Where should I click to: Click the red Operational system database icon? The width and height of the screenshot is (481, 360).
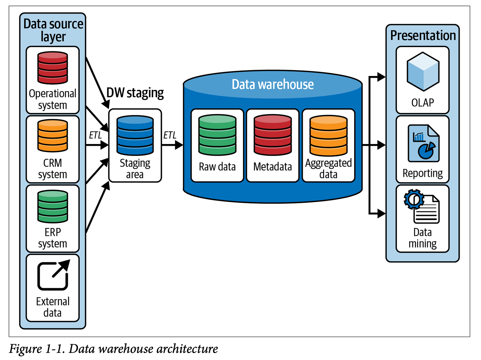[x=53, y=68]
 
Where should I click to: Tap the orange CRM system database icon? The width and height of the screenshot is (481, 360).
[x=53, y=135]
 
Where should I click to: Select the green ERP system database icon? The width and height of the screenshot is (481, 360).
[x=53, y=206]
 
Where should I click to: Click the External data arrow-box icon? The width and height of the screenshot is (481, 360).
[x=53, y=275]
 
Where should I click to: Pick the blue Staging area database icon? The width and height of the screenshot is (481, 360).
[x=135, y=135]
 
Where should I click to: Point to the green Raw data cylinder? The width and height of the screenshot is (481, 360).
[x=217, y=135]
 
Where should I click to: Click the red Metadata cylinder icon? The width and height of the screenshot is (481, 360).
[x=273, y=135]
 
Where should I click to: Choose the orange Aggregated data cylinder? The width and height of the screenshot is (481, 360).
[x=328, y=135]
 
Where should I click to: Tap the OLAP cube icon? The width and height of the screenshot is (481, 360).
[x=423, y=71]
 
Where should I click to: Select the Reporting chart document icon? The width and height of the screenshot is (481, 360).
[x=423, y=143]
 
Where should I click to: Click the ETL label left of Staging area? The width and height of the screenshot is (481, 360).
[x=95, y=135]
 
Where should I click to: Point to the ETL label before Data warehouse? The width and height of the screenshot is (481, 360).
[x=170, y=135]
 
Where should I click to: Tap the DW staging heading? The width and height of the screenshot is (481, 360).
[x=135, y=93]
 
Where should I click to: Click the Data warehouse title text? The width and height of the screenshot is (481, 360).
[x=272, y=84]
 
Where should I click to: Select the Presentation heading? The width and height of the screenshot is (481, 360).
[x=423, y=35]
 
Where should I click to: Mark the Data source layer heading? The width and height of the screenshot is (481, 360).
[x=53, y=30]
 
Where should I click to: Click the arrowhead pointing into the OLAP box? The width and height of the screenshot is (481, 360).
[x=381, y=77]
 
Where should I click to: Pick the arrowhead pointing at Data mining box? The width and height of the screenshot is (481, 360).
[x=381, y=214]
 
